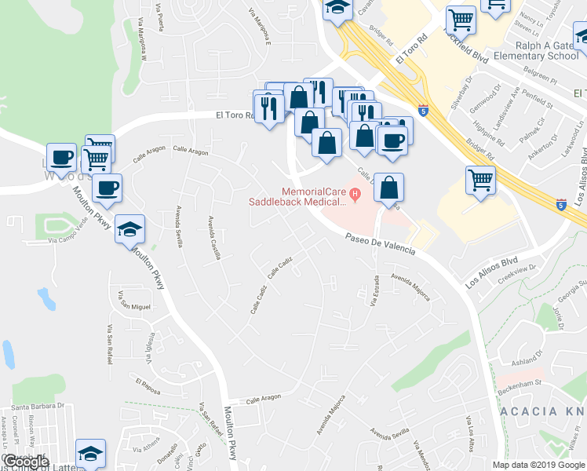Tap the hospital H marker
point(354,192)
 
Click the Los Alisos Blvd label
point(492,272)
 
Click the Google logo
point(25,462)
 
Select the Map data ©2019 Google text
point(538,465)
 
